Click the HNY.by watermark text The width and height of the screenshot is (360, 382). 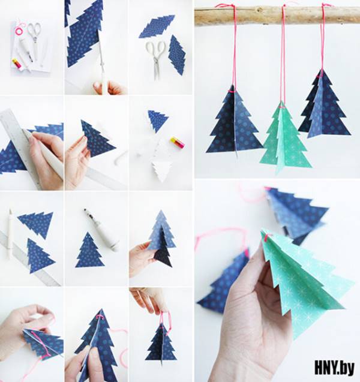point(334,368)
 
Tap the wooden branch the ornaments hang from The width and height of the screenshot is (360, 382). point(277,15)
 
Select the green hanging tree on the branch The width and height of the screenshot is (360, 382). point(285,138)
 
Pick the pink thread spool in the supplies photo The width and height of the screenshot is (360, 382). point(19,29)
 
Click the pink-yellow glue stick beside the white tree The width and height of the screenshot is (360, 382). point(178,142)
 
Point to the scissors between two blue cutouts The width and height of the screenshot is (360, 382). point(155,59)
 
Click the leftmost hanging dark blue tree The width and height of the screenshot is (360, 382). point(233,121)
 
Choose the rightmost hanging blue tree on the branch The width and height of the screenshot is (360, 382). point(323,104)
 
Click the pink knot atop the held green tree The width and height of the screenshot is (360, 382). point(268,236)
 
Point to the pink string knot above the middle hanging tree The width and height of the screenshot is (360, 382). point(282,107)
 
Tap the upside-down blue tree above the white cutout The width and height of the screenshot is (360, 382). point(157,120)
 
